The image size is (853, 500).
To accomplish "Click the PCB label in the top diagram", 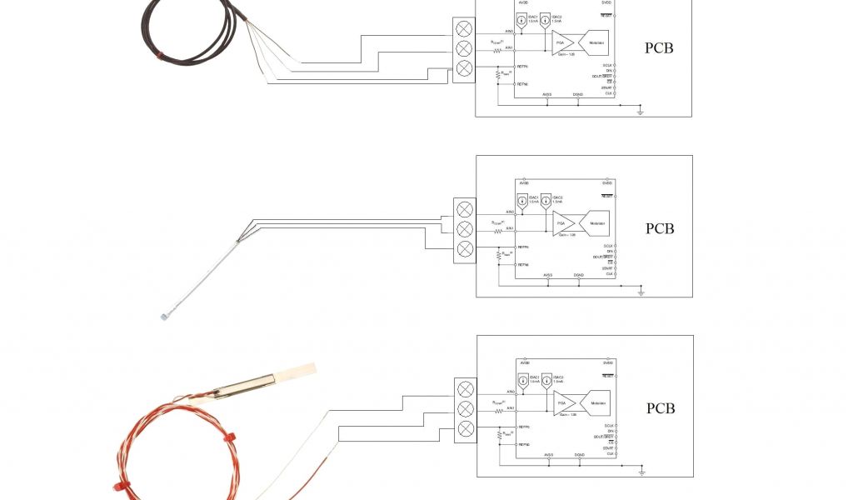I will tap(659, 47).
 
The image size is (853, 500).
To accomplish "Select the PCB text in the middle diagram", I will tap(659, 228).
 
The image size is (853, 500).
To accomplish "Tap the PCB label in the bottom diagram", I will tap(660, 408).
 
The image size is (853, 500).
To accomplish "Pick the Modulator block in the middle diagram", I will tap(597, 223).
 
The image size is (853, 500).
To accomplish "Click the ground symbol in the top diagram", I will tap(640, 110).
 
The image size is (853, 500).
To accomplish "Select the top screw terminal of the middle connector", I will tap(465, 209).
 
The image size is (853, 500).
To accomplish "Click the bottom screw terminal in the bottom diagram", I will tap(466, 429).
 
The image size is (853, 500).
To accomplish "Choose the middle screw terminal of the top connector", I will tap(464, 48).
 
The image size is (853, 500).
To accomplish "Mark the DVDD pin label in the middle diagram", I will tap(606, 182).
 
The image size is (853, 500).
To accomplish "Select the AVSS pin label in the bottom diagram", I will tap(548, 455).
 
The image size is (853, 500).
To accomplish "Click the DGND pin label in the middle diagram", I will tap(578, 275).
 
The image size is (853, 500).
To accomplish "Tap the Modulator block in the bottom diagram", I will tap(598, 403).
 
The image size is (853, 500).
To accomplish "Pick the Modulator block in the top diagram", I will tap(596, 42).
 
